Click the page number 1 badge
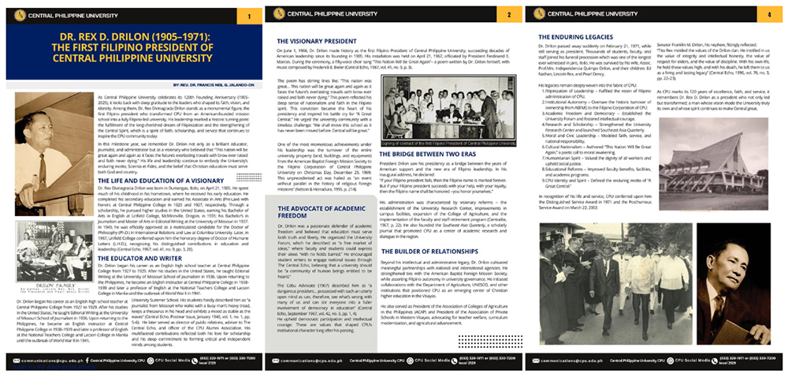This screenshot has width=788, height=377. tap(248, 16)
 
